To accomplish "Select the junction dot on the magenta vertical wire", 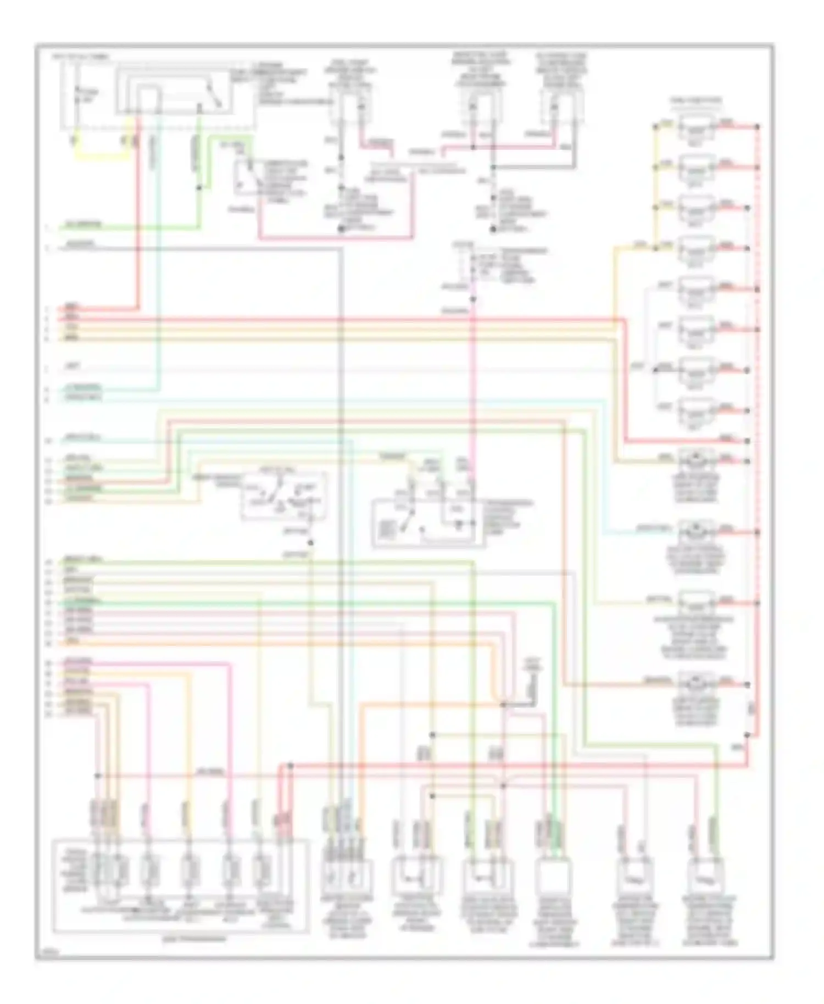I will [472, 299].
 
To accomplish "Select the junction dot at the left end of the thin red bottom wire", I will [98, 776].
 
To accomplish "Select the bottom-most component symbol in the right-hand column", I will [697, 684].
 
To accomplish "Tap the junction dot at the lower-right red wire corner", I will [747, 734].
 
